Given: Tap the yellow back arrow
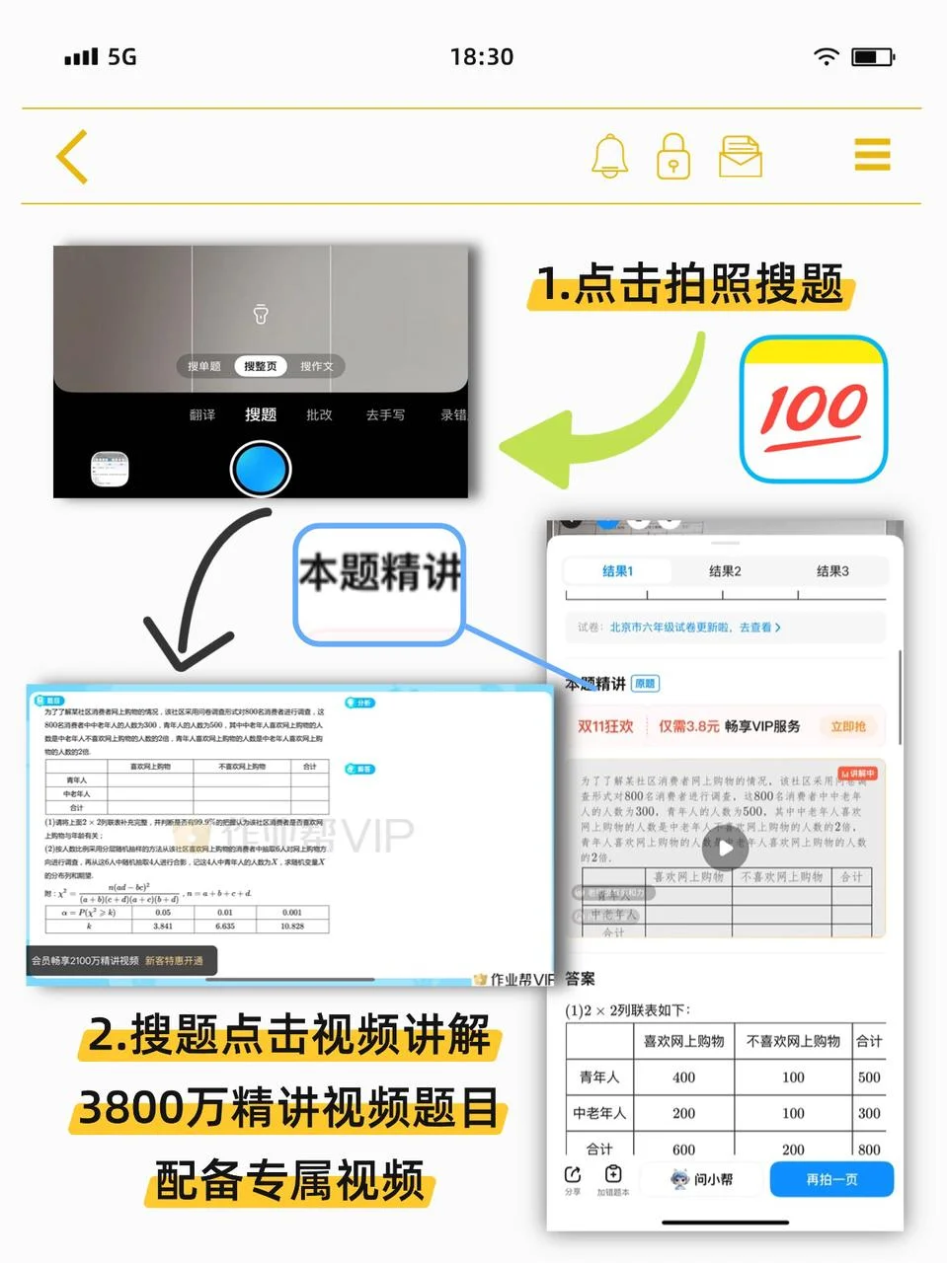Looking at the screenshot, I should click(73, 157).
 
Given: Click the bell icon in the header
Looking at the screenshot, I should click(609, 156).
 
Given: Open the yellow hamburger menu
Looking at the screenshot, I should click(872, 156).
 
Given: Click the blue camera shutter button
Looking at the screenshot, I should click(261, 469).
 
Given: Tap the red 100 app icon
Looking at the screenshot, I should click(814, 409).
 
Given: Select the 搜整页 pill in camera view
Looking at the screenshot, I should click(261, 366).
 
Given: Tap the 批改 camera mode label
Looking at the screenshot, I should click(319, 415).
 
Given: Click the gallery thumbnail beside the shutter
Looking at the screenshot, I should click(110, 470).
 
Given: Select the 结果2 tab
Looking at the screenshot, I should click(725, 571).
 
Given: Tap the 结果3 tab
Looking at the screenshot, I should click(832, 571).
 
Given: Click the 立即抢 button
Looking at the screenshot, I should click(848, 726).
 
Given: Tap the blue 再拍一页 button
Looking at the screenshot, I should click(831, 1179).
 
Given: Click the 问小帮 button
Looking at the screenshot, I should click(702, 1179).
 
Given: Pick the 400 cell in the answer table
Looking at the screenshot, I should click(683, 1077).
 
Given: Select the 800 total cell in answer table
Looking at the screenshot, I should click(869, 1149).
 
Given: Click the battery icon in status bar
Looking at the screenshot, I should click(873, 57).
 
